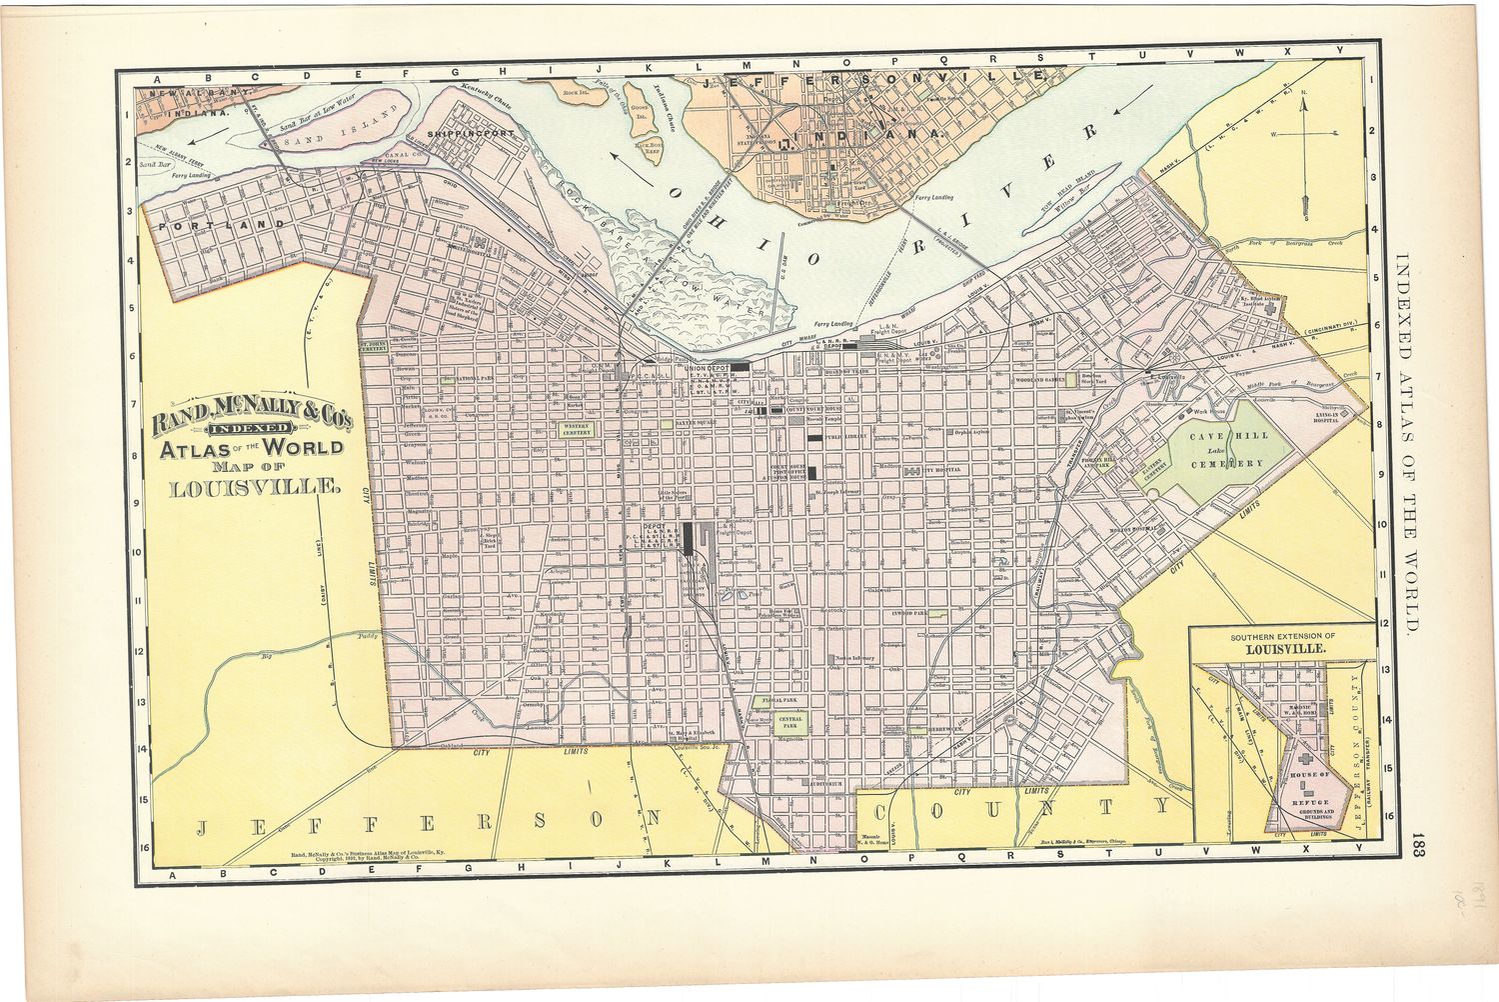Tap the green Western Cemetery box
click(577, 429)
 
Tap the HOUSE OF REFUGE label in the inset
click(1309, 781)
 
